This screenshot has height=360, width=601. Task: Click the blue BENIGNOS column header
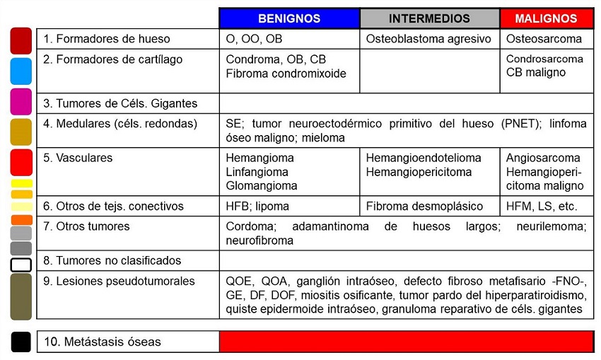point(289,18)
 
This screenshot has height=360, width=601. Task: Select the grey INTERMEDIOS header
point(429,18)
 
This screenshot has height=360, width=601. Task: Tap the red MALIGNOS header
point(546,18)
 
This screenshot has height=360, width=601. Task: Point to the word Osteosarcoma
point(544,39)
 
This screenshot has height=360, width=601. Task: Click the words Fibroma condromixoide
point(286,73)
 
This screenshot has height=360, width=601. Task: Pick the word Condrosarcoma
point(544,59)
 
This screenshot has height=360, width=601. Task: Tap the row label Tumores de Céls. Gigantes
point(120,103)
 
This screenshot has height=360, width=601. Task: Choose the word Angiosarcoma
point(543,158)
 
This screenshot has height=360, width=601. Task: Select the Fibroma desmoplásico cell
point(424,207)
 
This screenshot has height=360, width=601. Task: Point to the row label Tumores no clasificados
point(112,260)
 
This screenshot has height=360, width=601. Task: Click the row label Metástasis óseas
point(102,342)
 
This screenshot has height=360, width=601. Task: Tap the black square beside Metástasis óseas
point(21,342)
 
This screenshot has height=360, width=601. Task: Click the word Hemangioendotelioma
point(424,158)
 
